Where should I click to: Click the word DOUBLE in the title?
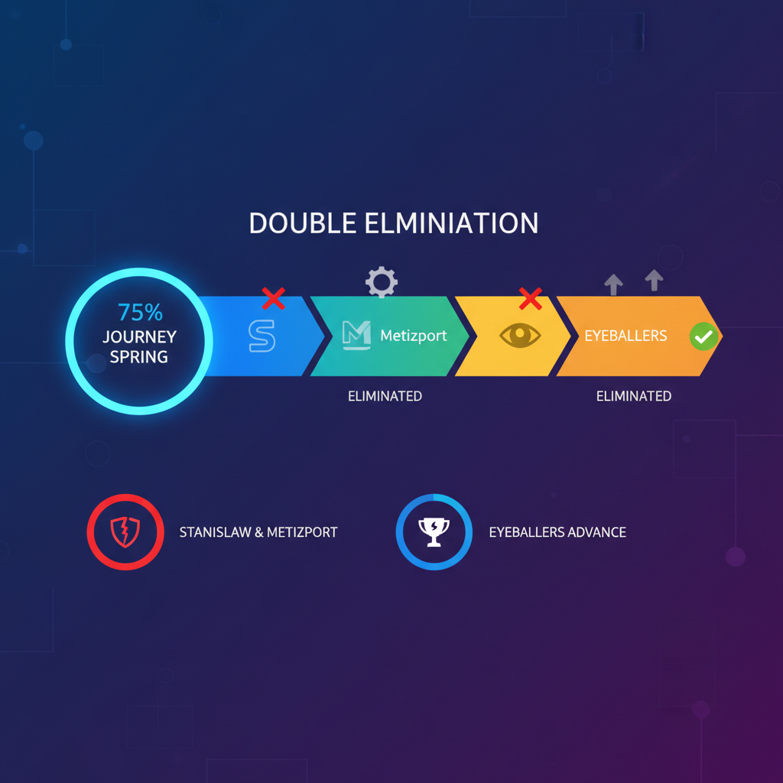[x=303, y=223]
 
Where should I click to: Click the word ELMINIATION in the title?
[x=451, y=223]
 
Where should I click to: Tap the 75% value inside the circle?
[x=141, y=313]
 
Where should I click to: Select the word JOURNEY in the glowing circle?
[x=139, y=337]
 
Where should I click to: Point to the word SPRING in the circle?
[x=139, y=357]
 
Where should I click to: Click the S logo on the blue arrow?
[x=262, y=336]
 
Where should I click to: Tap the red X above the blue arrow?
[x=273, y=299]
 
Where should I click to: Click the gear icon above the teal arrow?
[x=382, y=282]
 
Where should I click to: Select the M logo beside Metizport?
[x=356, y=335]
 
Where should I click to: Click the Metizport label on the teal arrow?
[x=414, y=336]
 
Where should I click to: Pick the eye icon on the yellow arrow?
[x=520, y=335]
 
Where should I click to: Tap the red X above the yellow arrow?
[x=531, y=299]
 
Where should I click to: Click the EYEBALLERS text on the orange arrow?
[x=625, y=336]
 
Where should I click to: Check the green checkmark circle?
[x=703, y=336]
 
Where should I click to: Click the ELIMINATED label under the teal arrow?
[x=385, y=397]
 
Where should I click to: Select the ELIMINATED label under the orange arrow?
[x=634, y=397]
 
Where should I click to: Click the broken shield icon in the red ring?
[x=125, y=532]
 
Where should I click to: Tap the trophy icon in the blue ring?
[x=434, y=532]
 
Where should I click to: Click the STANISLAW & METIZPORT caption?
[x=258, y=532]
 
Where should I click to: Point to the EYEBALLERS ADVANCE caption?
[x=557, y=532]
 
